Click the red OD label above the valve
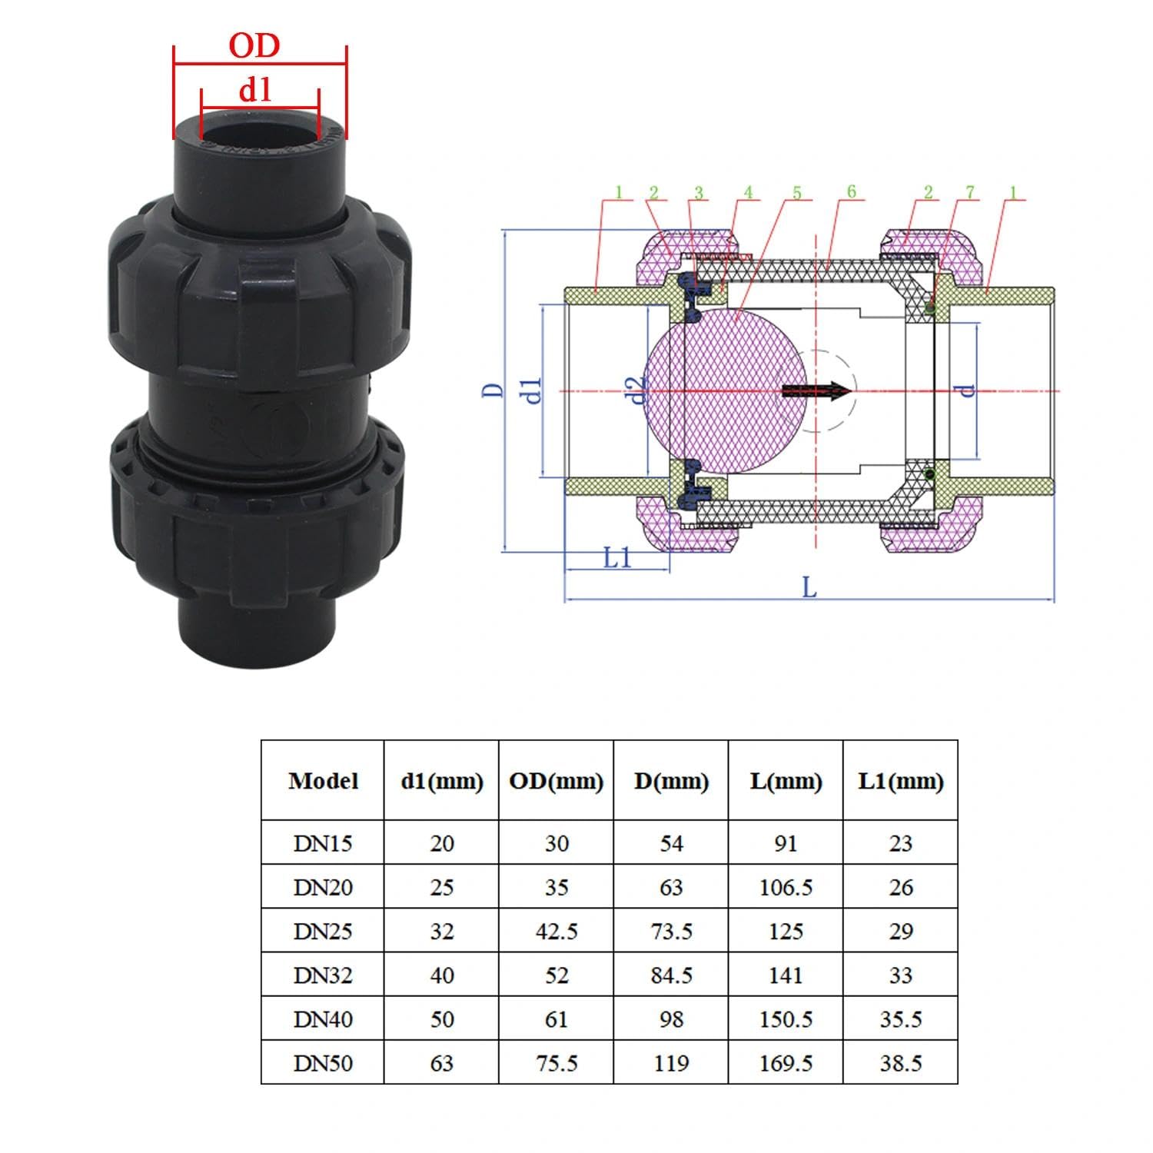coord(254,46)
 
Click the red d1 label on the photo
coord(255,90)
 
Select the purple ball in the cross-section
coord(723,390)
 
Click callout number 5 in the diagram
coord(796,191)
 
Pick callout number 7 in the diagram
coord(971,191)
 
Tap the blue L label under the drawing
coord(809,588)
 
